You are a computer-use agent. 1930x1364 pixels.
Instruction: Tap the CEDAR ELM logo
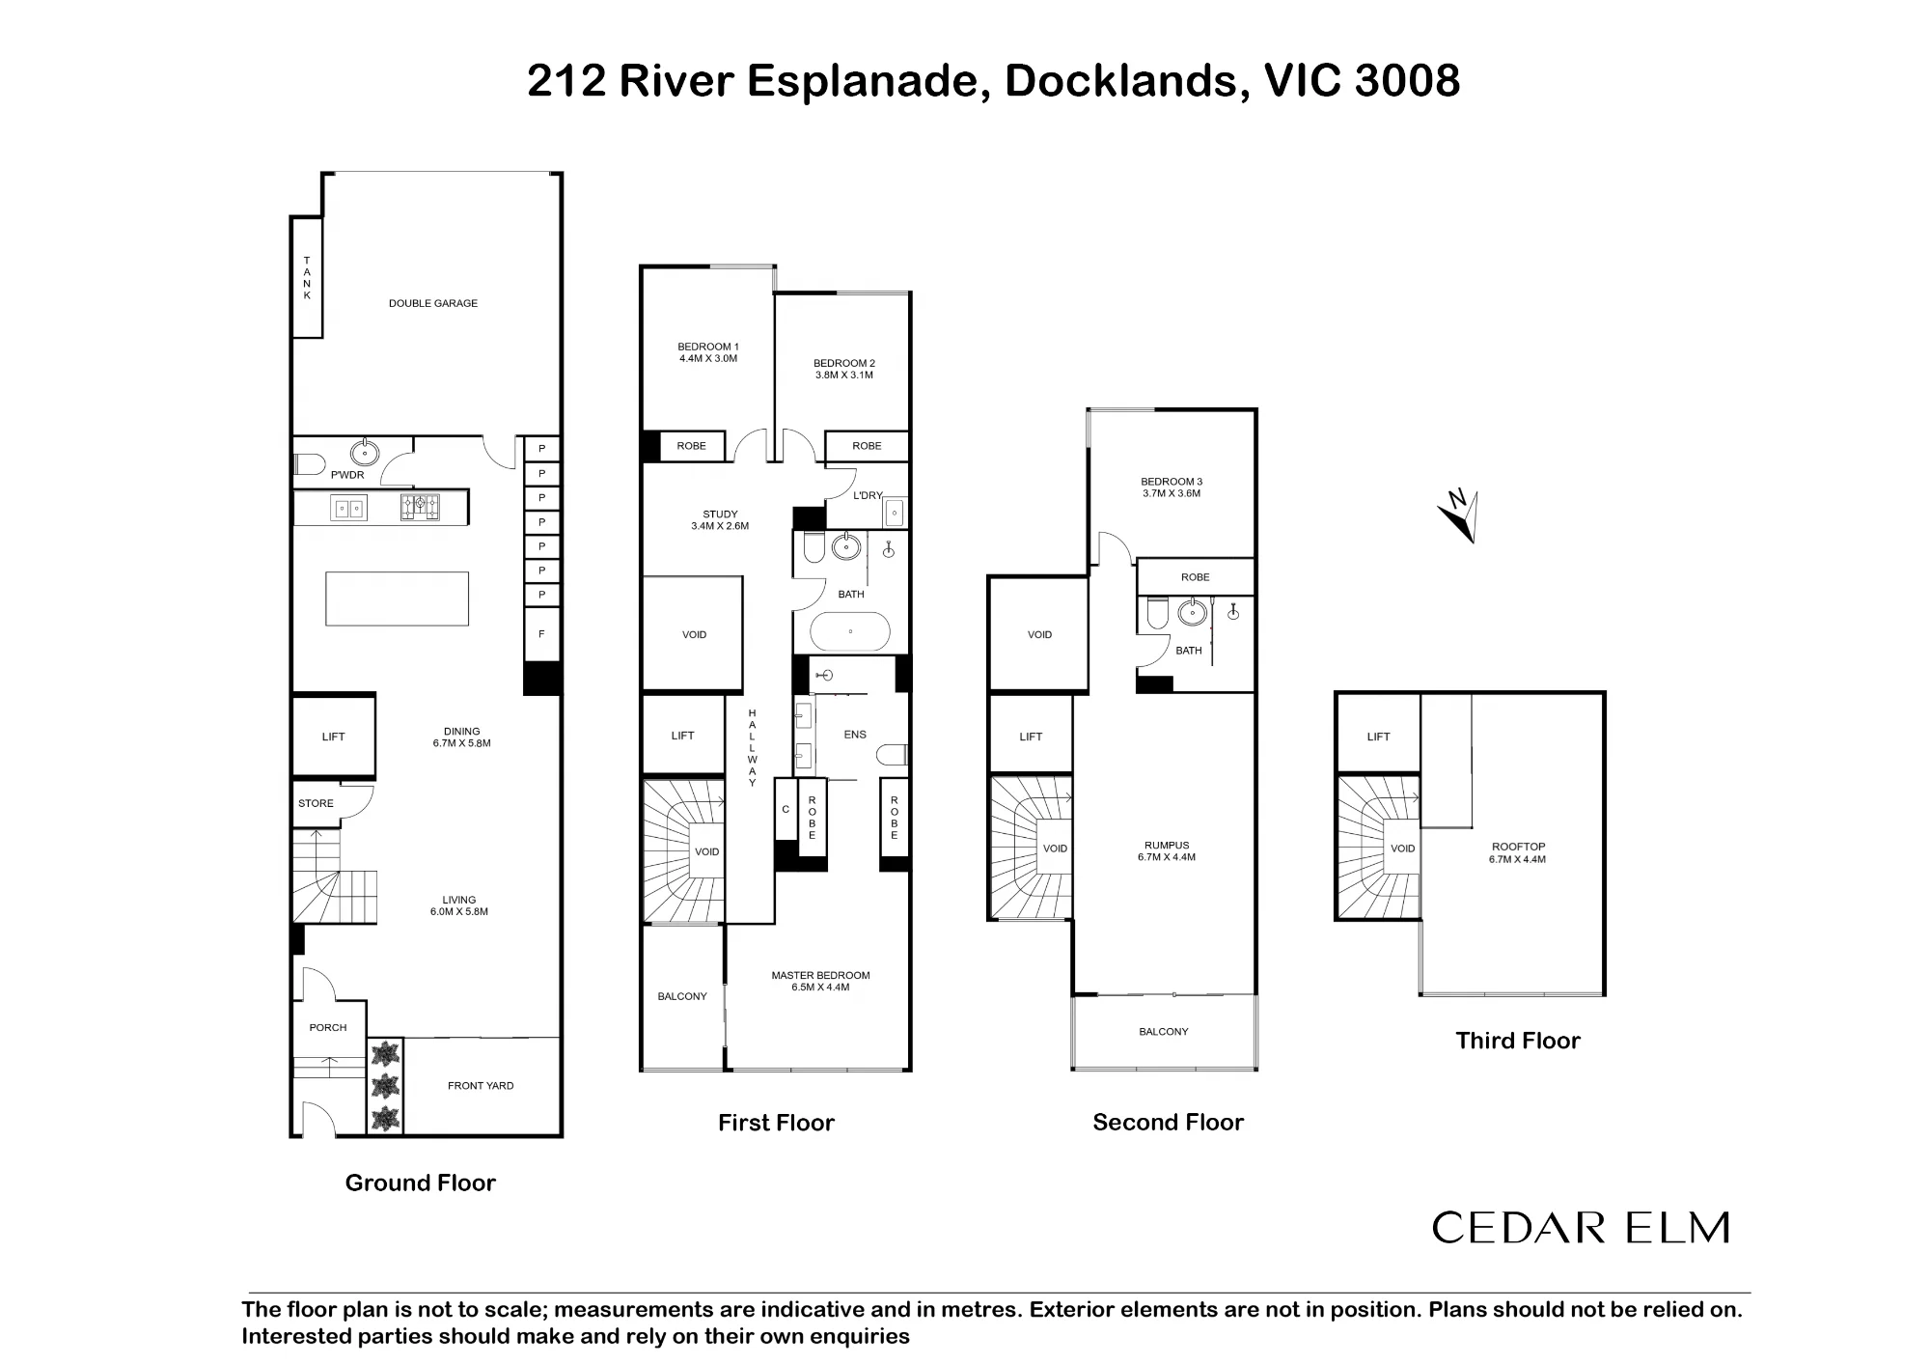coord(1581,1228)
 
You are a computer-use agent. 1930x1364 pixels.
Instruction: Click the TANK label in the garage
coord(307,278)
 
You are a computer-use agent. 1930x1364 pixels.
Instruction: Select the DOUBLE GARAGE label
coord(433,303)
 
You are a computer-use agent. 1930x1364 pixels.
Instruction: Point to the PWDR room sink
coord(365,451)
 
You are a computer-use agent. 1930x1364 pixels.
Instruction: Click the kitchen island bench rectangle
coord(398,598)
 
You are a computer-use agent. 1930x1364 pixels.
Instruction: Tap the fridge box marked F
coord(542,634)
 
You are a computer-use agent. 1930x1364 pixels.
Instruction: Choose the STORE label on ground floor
coord(316,803)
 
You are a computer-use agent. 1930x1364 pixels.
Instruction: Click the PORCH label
coord(328,1027)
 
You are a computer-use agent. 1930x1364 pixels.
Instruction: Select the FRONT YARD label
coord(481,1086)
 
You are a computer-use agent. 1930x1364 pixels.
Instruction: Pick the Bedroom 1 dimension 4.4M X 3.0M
coord(708,358)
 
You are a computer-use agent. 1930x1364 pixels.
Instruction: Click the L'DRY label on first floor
coord(868,495)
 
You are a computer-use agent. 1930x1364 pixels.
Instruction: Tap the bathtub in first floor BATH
coord(850,631)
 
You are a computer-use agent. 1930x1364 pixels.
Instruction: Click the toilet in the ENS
coord(894,754)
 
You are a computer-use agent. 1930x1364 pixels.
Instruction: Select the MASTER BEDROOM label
coord(821,975)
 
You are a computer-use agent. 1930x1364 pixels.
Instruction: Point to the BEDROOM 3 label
coord(1172,482)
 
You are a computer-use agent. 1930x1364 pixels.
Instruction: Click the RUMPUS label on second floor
coord(1167,846)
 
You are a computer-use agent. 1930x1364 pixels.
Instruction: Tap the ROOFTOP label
coord(1518,847)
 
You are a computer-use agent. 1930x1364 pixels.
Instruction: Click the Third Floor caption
coord(1518,1041)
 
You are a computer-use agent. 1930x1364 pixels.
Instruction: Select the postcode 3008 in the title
coord(1407,80)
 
